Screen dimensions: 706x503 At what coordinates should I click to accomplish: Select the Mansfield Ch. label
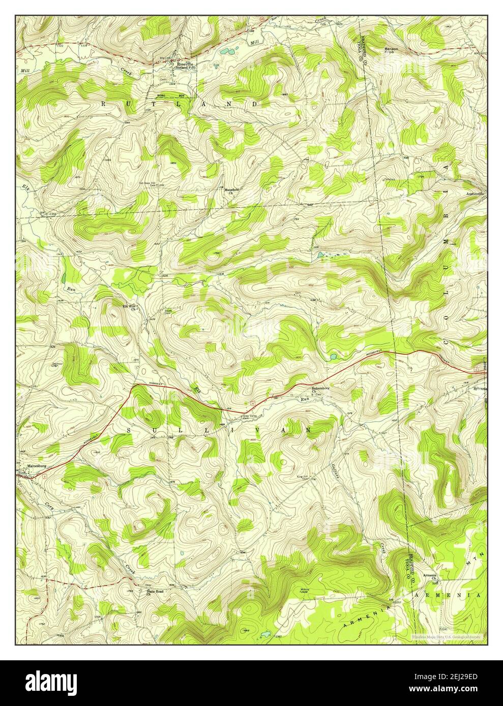tap(231, 191)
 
